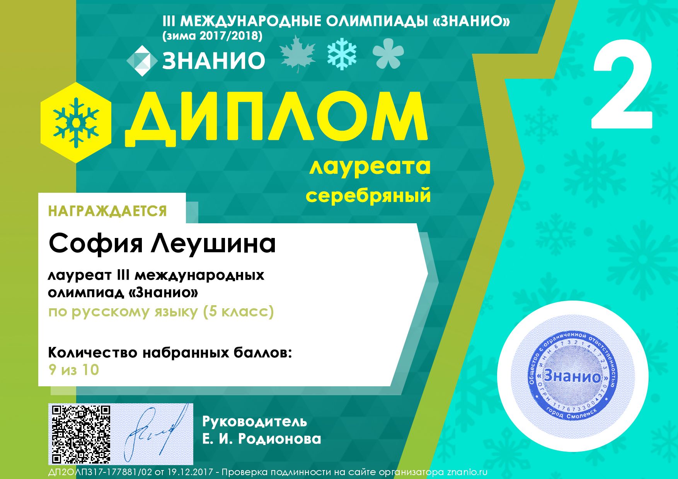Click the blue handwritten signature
pos(154,433)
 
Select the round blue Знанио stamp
pos(572,375)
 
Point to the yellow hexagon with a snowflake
pos(76,122)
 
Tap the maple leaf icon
pos(297,54)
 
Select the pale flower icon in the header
pos(388,56)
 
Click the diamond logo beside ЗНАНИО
pos(142,61)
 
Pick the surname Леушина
pos(213,243)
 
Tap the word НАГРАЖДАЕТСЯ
pos(107,211)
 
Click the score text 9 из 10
pos(74,370)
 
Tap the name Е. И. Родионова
pos(262,439)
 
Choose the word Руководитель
pos(255,421)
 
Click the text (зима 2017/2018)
pos(213,36)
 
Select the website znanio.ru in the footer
pos(467,472)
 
